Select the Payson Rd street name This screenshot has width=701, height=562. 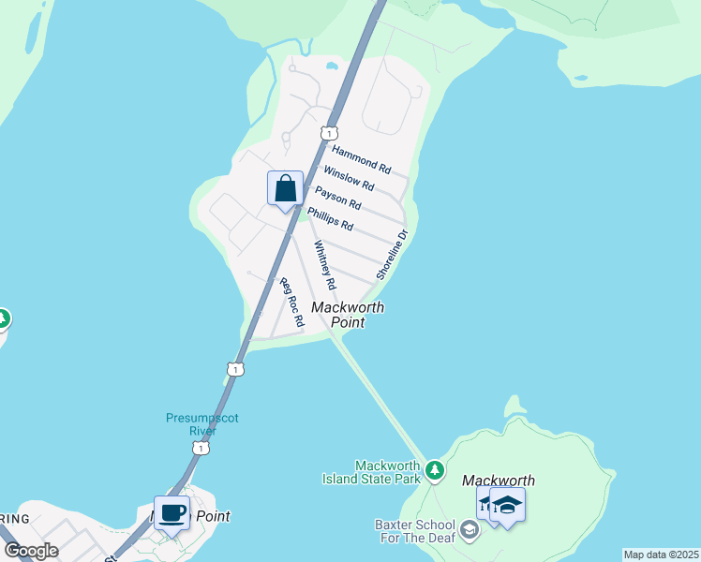pos(337,198)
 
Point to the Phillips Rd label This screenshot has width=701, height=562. pos(330,219)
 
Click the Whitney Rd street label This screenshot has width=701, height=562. pos(324,265)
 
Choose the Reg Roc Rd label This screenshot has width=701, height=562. pos(292,303)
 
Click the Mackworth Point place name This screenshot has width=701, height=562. pos(348,315)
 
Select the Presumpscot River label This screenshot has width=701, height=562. pos(202,424)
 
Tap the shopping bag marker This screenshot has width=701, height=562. pos(285,189)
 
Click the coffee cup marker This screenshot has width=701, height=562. pos(172,513)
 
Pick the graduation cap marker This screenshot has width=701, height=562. pos(507,506)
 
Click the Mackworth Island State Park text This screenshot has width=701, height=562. pos(387,472)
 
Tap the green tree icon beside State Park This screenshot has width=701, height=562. pos(434,468)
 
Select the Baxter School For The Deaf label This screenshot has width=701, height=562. pos(415,531)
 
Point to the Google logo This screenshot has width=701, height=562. pos(31,551)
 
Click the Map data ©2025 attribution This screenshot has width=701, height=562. pos(661,555)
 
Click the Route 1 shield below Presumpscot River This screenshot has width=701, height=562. pos(200,449)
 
